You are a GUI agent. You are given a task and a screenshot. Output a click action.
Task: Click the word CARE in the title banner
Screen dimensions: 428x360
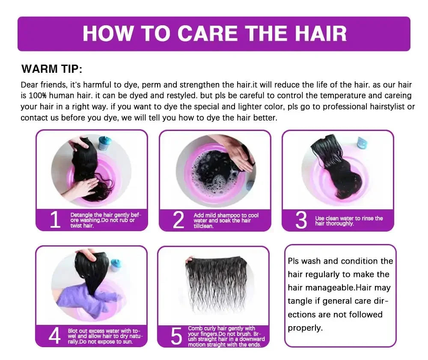(208, 33)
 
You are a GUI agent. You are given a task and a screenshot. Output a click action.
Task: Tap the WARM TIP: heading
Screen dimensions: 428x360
(52, 69)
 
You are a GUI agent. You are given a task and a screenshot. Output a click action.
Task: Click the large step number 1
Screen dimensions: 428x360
(55, 220)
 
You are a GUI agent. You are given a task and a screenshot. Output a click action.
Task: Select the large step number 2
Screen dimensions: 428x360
(178, 220)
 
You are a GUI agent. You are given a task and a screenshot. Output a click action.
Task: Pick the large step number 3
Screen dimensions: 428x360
(301, 220)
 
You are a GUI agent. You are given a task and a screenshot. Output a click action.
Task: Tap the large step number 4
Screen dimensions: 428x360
(54, 336)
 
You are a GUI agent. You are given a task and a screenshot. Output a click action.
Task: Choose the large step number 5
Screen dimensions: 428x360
(176, 336)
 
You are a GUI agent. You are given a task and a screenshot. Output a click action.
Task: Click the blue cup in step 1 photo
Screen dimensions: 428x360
(104, 143)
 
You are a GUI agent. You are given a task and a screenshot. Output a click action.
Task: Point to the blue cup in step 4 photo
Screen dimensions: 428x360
(116, 265)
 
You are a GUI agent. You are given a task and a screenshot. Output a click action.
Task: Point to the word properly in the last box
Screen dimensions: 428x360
(305, 328)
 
